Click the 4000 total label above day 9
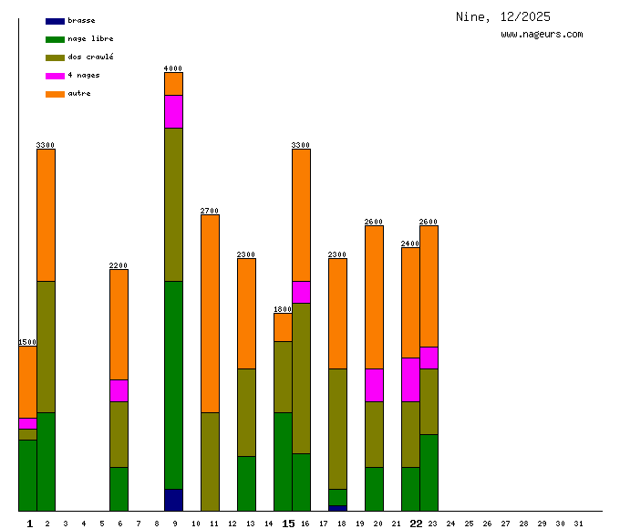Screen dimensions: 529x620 click(173, 68)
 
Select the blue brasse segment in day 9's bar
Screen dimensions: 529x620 click(173, 500)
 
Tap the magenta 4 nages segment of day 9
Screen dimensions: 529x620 click(173, 111)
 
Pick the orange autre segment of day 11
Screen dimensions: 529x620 click(210, 313)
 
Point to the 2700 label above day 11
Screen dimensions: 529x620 click(210, 211)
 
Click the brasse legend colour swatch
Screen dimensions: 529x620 click(55, 21)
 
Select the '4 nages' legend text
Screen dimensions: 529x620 click(84, 75)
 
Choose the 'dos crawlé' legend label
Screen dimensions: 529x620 click(90, 57)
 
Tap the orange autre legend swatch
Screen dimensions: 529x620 click(55, 94)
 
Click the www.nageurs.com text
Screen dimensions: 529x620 click(542, 35)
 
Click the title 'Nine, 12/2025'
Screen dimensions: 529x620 click(503, 17)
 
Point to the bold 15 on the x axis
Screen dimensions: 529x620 click(288, 524)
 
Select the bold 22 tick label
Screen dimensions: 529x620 click(416, 524)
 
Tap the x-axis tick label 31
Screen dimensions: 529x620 click(578, 524)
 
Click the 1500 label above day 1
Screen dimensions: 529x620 click(27, 342)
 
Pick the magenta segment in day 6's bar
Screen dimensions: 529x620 click(119, 390)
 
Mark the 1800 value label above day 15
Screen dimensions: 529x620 click(283, 309)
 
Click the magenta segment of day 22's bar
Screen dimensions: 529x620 click(410, 379)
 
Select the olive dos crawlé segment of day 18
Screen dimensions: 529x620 click(337, 429)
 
